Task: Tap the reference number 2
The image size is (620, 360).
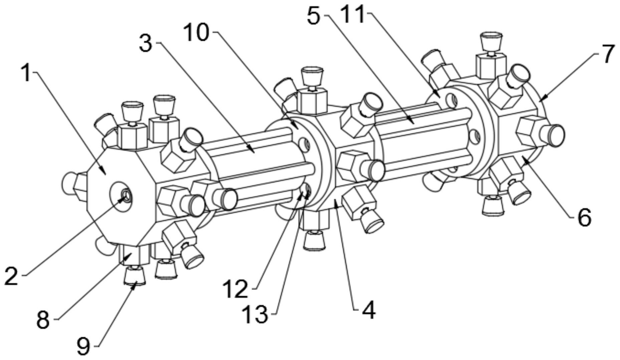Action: tap(12, 277)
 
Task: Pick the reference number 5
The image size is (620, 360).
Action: tap(314, 16)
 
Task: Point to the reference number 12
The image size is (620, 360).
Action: tap(236, 289)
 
